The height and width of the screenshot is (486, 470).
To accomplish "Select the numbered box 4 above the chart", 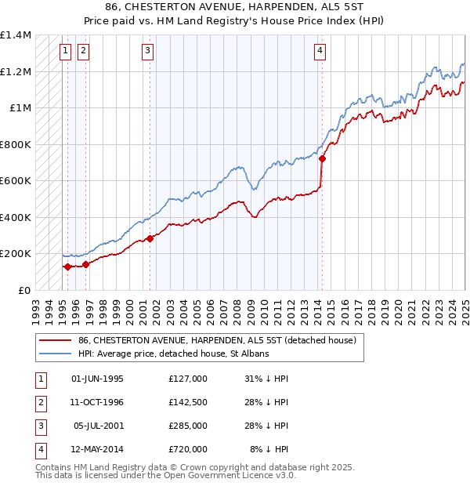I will coord(320,52).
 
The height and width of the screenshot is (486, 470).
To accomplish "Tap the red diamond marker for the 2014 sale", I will coord(322,159).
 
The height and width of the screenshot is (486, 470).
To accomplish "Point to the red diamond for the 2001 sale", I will coord(150,238).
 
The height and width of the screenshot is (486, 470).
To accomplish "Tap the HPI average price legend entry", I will coord(174,354).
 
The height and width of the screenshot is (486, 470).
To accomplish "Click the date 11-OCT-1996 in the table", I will coord(97,402).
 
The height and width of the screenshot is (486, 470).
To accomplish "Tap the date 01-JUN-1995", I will coord(97,379).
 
